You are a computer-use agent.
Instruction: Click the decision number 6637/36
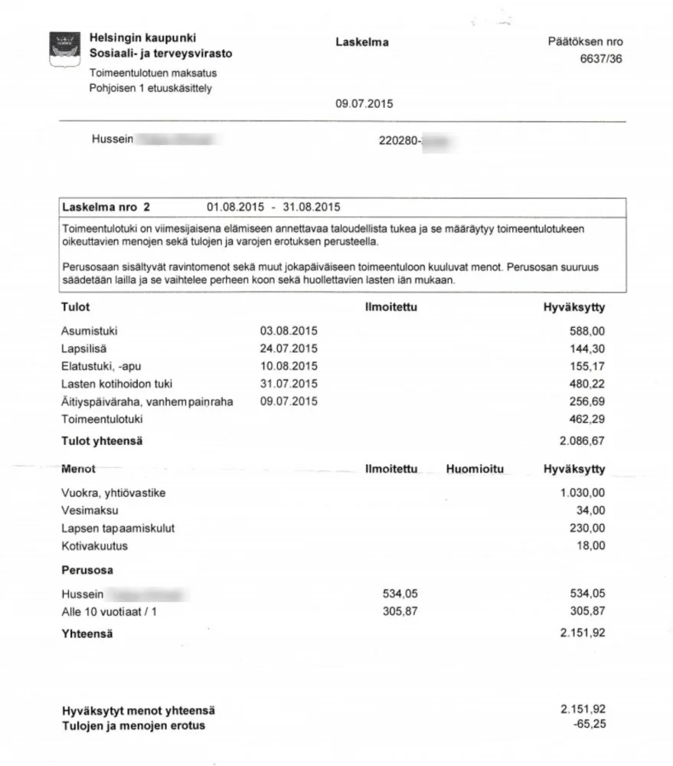pyautogui.click(x=601, y=60)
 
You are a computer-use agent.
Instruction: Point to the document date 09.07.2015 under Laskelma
pyautogui.click(x=364, y=103)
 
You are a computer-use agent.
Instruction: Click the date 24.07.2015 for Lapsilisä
pyautogui.click(x=288, y=349)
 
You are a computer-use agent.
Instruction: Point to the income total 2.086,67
pyautogui.click(x=583, y=441)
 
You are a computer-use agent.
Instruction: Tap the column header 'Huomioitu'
pyautogui.click(x=475, y=469)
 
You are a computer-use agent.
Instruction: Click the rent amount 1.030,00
pyautogui.click(x=583, y=493)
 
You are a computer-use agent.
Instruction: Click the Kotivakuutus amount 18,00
pyautogui.click(x=592, y=546)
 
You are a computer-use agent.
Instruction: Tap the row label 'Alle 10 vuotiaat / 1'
pyautogui.click(x=113, y=612)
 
